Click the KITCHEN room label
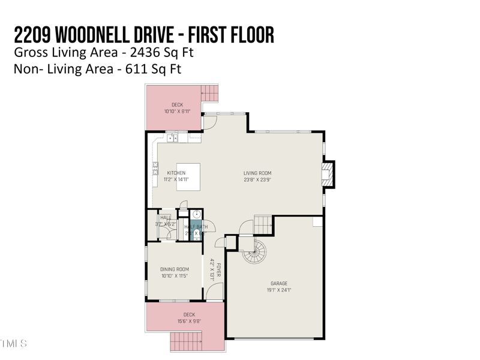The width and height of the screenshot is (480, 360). point(176,173)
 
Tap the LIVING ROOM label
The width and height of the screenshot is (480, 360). point(257,173)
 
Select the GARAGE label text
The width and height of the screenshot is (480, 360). point(279,283)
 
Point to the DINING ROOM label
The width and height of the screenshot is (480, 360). point(175,269)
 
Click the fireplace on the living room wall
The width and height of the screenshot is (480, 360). point(326,174)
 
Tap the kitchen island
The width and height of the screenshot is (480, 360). point(188,176)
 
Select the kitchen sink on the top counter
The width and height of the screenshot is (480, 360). point(172,139)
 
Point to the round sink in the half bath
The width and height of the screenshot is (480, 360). point(196,214)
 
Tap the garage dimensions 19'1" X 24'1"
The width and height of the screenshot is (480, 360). point(279,290)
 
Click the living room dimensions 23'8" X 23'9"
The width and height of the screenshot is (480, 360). point(257,180)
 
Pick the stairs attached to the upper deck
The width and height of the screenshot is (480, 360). point(209,92)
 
